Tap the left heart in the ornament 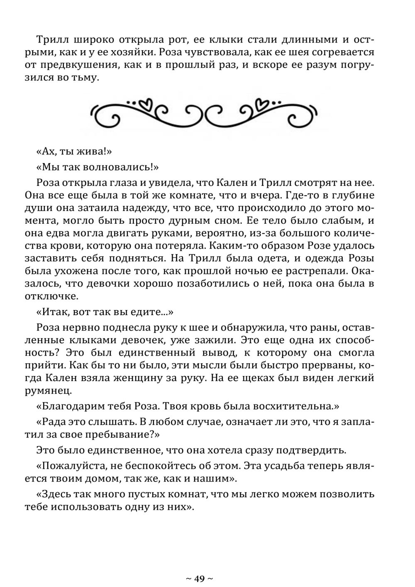click(146, 103)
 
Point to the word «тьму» click(84, 78)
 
